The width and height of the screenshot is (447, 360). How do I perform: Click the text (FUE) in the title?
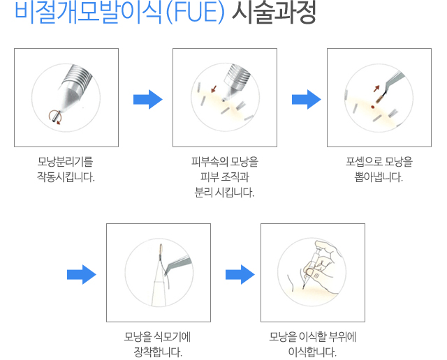pos(196,13)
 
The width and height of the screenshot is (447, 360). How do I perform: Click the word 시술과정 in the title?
pos(274,12)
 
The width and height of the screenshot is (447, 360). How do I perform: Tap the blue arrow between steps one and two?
pos(148,99)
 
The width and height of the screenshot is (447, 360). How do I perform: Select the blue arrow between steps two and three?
pos(307,99)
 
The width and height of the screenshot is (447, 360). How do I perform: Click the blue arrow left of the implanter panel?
pos(82,275)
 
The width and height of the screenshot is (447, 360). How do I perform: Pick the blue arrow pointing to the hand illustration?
pos(240,275)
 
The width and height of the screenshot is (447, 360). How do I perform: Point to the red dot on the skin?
pos(372,107)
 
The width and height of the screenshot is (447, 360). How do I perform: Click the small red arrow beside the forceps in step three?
pos(376,89)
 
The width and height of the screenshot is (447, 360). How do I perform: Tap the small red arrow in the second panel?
pos(214,89)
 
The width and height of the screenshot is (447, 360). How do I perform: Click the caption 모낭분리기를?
pos(65,162)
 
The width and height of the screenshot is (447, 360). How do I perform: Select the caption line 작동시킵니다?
pos(66,177)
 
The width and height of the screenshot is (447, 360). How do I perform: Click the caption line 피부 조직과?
pos(225,177)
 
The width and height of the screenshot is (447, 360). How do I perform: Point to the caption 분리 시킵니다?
pos(224,193)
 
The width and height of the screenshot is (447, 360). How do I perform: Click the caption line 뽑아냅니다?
pos(379,177)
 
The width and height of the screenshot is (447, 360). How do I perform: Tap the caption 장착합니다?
pos(158,352)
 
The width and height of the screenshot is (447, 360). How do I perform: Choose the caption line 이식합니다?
pos(312,352)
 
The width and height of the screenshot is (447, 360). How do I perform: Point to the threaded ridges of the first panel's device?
pos(78,75)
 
